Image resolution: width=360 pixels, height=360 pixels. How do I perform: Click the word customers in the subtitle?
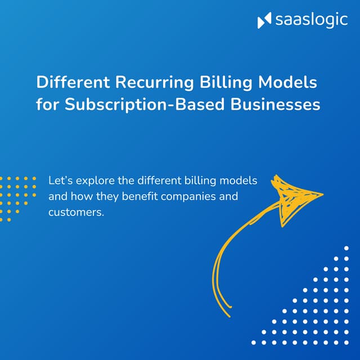pyautogui.click(x=75, y=213)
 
